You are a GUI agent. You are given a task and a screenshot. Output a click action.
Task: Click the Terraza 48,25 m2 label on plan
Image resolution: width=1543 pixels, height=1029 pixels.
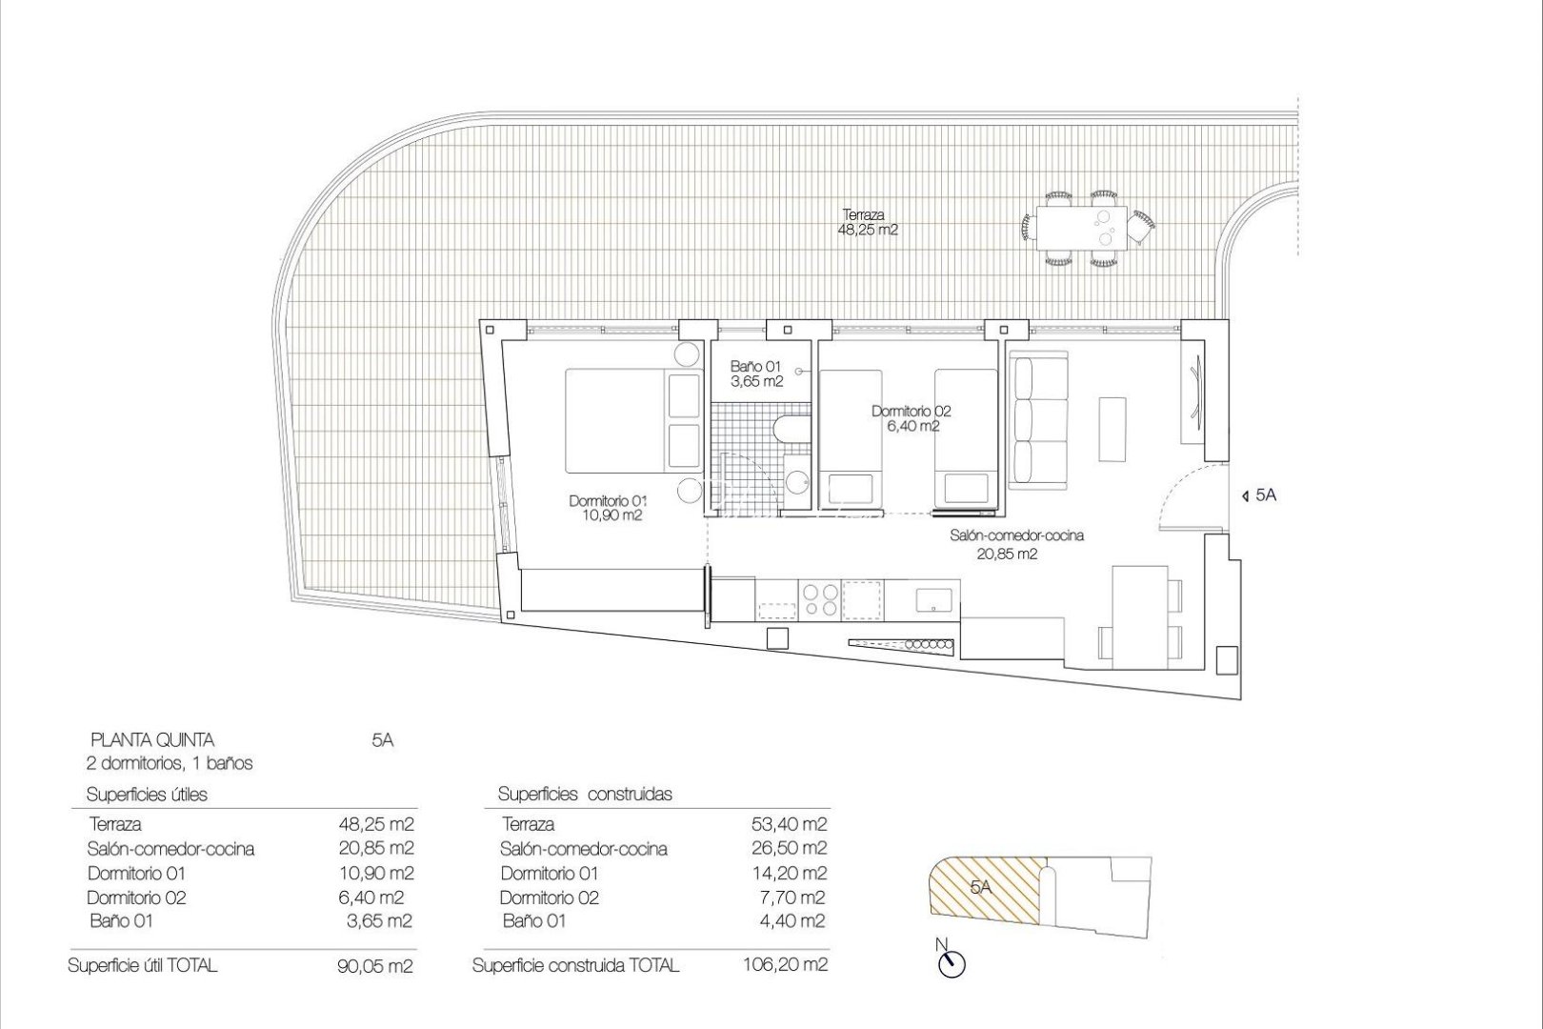[x=870, y=222]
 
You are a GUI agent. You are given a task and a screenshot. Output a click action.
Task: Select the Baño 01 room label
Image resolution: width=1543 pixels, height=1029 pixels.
[x=756, y=373]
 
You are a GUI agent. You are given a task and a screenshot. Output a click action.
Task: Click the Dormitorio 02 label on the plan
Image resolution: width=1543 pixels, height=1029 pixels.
[x=911, y=418]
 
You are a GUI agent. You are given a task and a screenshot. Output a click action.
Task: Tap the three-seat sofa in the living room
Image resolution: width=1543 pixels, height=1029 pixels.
[x=1037, y=419]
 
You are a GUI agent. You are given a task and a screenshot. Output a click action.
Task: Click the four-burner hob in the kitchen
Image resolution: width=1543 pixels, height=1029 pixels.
[x=820, y=600]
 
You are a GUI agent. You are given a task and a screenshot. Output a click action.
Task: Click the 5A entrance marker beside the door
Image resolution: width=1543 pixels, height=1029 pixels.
[x=1259, y=495]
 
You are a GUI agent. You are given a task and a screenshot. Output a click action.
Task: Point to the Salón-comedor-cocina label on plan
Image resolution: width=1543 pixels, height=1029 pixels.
[x=1015, y=544]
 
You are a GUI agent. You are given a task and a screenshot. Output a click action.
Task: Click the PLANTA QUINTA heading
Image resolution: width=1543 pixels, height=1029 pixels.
[x=151, y=739]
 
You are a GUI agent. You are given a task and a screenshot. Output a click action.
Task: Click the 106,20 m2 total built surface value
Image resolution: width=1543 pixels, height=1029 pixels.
[x=785, y=965]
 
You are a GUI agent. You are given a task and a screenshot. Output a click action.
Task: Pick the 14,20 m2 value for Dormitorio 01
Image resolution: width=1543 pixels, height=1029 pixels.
[x=789, y=873]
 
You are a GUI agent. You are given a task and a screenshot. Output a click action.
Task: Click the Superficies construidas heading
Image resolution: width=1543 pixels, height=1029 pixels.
[x=585, y=794]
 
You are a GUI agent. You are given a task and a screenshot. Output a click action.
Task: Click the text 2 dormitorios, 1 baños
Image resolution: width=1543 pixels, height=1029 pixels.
[x=170, y=763]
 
